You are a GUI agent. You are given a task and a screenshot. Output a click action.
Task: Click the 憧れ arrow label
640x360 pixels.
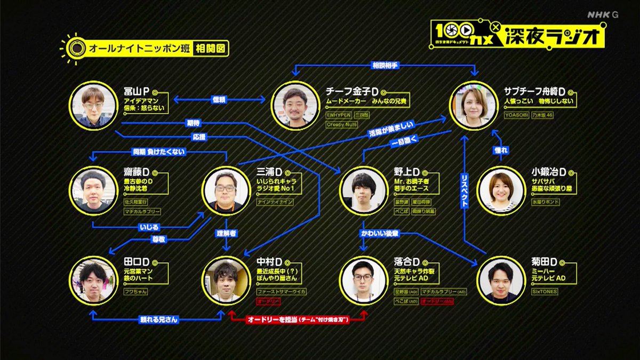(500, 151)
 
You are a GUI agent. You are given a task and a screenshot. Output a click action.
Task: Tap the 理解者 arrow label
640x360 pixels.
(227, 234)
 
